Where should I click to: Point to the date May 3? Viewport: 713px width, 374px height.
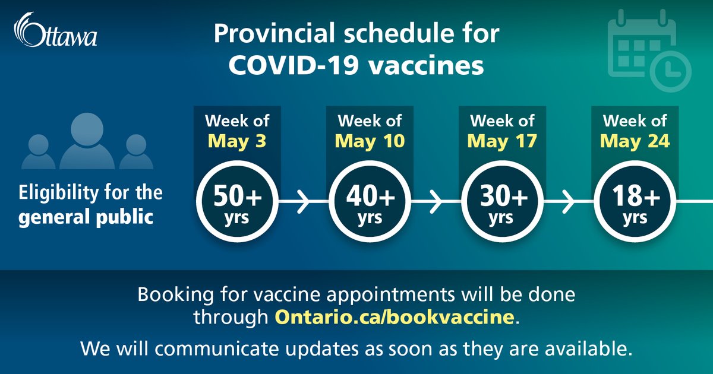(237, 142)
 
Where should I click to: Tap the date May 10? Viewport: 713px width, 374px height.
(370, 142)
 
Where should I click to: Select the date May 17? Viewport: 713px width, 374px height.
(502, 142)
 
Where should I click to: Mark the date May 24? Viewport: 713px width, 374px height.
(635, 142)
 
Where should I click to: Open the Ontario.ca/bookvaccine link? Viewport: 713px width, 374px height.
(393, 316)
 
